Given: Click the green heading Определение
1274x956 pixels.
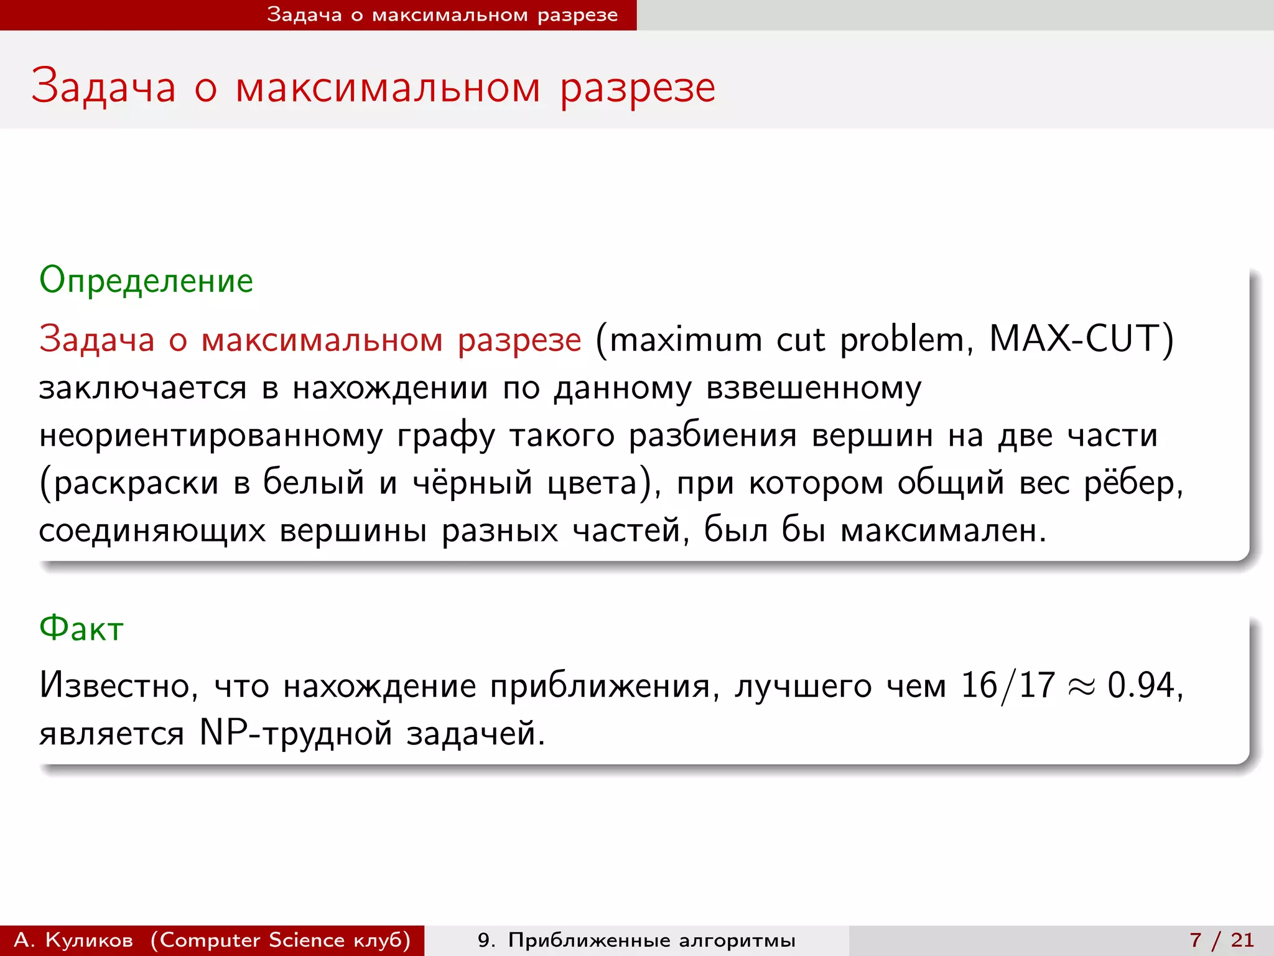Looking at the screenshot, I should [146, 281].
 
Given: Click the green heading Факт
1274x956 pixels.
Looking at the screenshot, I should [81, 629].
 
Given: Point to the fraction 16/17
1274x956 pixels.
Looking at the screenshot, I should [1008, 686].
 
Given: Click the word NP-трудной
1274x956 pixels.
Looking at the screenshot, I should [296, 733].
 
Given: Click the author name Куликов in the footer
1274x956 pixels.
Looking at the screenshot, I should [89, 940].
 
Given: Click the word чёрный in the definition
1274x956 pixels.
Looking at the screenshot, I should [473, 483].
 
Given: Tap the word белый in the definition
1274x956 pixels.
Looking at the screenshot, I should [314, 483].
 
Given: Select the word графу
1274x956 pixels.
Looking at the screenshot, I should [446, 436].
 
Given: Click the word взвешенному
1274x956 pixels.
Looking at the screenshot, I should [814, 388].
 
